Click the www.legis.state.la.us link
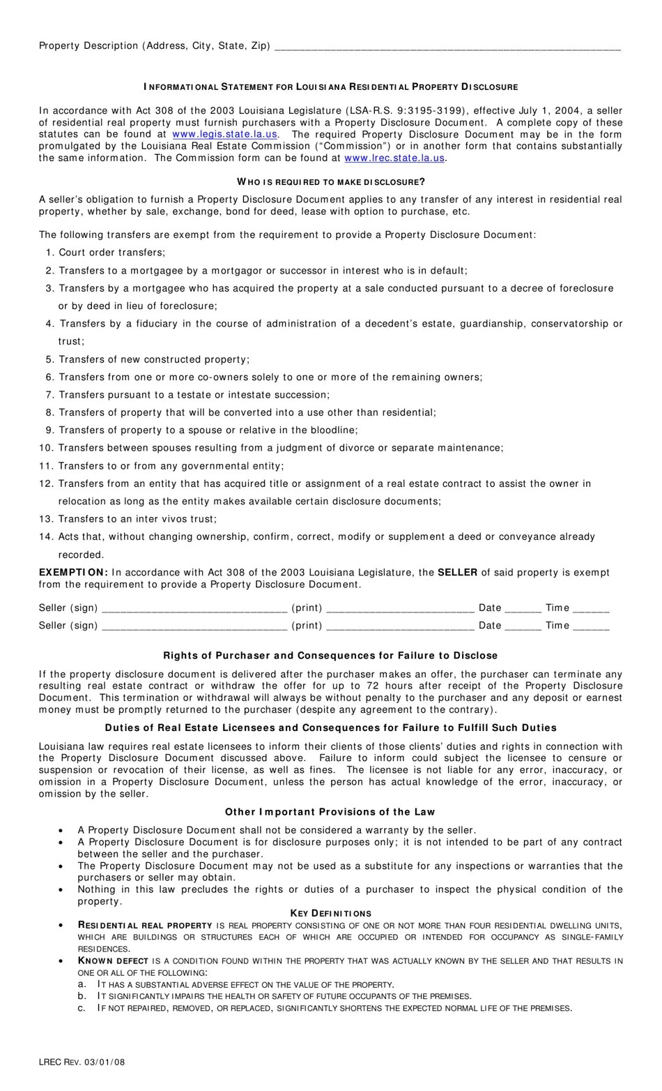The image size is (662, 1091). tap(225, 134)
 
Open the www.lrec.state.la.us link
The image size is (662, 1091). tap(394, 158)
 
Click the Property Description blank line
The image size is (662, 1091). tap(447, 46)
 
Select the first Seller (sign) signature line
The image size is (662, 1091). tap(194, 608)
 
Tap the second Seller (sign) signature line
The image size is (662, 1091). tap(194, 626)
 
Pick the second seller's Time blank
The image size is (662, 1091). tap(591, 626)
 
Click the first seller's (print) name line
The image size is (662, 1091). tap(400, 608)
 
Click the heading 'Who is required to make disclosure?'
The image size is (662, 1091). tap(331, 181)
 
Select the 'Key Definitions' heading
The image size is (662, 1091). tap(331, 913)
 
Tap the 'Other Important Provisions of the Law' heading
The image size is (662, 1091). tap(330, 811)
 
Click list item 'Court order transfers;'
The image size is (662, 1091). tap(111, 253)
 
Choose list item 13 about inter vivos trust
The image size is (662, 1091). tap(137, 519)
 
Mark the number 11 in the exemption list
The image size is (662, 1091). tap(46, 466)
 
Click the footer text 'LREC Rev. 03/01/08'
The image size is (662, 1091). tap(82, 1062)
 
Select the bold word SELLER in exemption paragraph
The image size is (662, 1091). tap(457, 572)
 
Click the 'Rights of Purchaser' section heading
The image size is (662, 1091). tap(330, 655)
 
